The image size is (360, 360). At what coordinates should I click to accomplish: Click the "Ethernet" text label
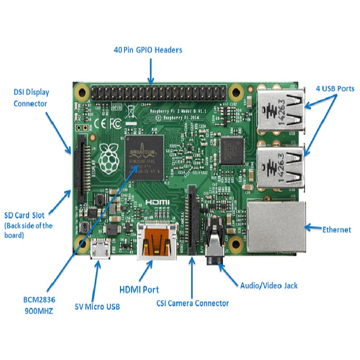pyautogui.click(x=337, y=230)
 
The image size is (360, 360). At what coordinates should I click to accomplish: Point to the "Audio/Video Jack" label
pyautogui.click(x=269, y=285)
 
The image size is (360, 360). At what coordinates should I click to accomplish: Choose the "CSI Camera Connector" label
pyautogui.click(x=193, y=303)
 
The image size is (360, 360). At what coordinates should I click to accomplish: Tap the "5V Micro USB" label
pyautogui.click(x=98, y=306)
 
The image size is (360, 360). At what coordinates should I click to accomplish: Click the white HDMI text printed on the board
pyautogui.click(x=157, y=203)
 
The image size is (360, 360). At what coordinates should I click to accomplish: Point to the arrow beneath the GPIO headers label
pyautogui.click(x=151, y=71)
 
